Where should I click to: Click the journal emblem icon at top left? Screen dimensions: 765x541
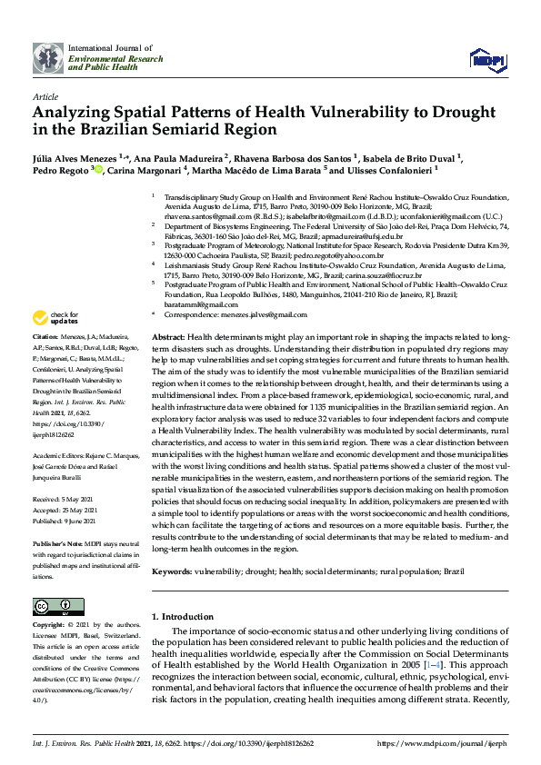coord(48,58)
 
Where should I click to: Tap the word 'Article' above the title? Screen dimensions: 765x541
coord(45,95)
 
